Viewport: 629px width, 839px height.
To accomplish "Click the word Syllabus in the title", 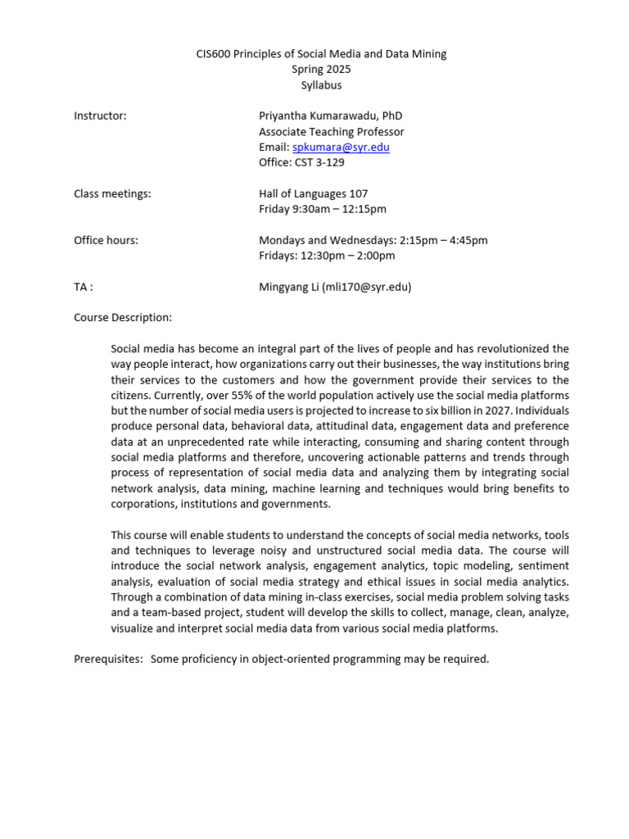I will pos(320,85).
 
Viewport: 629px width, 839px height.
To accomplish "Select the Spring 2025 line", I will pos(321,70).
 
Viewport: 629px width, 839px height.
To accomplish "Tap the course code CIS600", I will pos(215,54).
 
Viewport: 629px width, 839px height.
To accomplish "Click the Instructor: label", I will pos(100,116).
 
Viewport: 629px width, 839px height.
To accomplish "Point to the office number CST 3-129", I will pos(320,163).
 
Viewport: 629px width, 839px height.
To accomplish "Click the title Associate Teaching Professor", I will pos(331,132).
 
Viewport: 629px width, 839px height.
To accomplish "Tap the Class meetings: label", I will pos(112,194).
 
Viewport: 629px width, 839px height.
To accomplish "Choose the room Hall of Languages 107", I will pos(313,194).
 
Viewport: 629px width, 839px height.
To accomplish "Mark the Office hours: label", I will pos(106,240).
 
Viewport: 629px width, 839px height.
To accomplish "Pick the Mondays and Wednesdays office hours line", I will pos(373,240).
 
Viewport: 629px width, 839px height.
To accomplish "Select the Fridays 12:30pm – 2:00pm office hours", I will pos(327,256).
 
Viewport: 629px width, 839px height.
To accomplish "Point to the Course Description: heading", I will pos(123,317).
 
